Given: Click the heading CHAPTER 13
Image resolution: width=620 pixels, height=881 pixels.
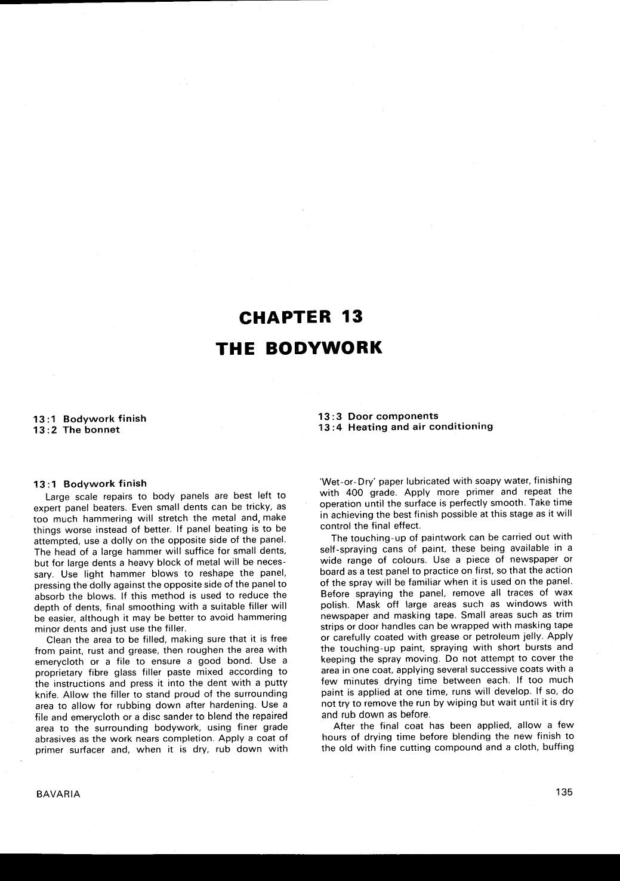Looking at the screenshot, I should coord(301,317).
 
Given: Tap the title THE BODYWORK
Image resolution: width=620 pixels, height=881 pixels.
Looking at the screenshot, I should coord(298,348).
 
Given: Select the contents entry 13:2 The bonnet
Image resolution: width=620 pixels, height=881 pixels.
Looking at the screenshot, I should coord(76,429).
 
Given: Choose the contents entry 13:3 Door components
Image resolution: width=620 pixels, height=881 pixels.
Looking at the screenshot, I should coord(378,416).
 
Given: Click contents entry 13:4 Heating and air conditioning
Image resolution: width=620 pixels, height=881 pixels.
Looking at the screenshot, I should coord(406,426).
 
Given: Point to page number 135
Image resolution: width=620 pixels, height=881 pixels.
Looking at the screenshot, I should coord(563,792).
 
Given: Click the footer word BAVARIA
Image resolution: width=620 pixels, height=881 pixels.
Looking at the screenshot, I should coord(58,794).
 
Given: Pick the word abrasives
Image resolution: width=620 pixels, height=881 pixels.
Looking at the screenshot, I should coord(55,738).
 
